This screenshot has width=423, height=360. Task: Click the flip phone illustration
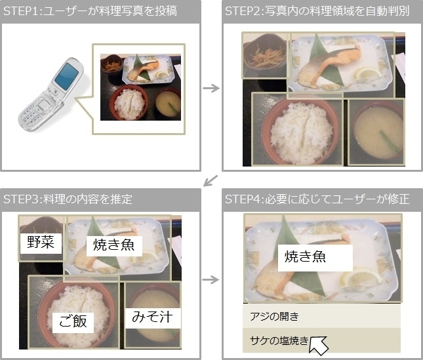click(50, 95)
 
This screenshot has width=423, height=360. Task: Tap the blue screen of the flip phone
click(67, 76)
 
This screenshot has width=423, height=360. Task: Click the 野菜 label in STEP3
click(41, 242)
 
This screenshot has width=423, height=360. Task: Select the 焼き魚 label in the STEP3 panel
click(114, 245)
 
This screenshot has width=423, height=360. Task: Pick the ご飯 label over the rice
click(73, 321)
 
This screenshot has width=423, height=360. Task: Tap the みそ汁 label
click(152, 317)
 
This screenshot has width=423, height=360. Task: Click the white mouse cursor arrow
click(318, 345)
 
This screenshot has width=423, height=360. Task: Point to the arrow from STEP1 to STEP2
click(211, 88)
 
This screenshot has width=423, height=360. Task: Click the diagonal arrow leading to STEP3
click(211, 180)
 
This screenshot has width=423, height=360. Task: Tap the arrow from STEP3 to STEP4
click(211, 279)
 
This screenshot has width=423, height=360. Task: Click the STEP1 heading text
click(90, 11)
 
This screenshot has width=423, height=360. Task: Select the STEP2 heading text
click(317, 11)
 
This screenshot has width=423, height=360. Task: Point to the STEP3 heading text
click(68, 199)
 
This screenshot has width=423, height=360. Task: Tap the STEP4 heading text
click(317, 199)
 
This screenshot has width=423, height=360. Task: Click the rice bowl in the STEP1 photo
click(130, 102)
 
